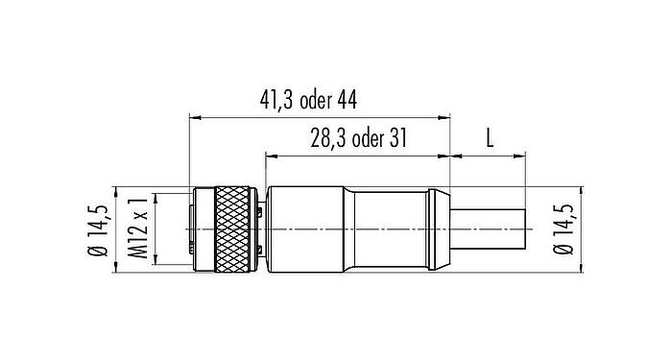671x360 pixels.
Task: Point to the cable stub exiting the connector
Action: (x=490, y=230)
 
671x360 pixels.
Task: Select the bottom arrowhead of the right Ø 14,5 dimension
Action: (x=583, y=272)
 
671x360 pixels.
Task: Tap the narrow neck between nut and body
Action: (x=261, y=230)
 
